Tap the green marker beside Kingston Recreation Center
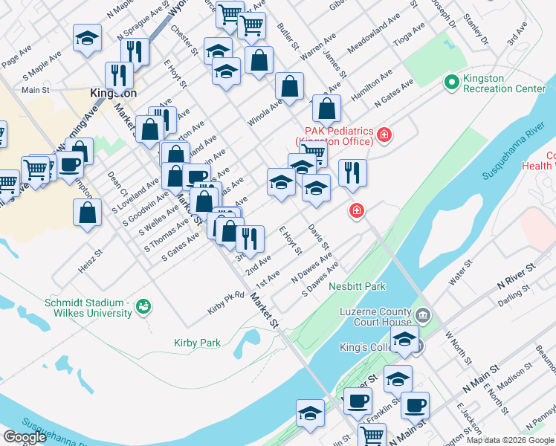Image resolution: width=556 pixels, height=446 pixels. tap(450, 81)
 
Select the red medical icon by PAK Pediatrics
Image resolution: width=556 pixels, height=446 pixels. tap(384, 135)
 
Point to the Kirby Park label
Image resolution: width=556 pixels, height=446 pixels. tap(197, 343)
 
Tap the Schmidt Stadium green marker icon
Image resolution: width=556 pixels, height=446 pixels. tap(144, 306)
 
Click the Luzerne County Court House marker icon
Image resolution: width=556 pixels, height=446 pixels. tap(424, 315)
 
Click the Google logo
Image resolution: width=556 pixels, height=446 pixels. tap(25, 437)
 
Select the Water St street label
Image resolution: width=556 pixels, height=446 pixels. tap(458, 273)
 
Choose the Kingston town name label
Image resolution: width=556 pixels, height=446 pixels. tap(113, 94)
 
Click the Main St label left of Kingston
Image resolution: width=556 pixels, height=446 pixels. tap(36, 90)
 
